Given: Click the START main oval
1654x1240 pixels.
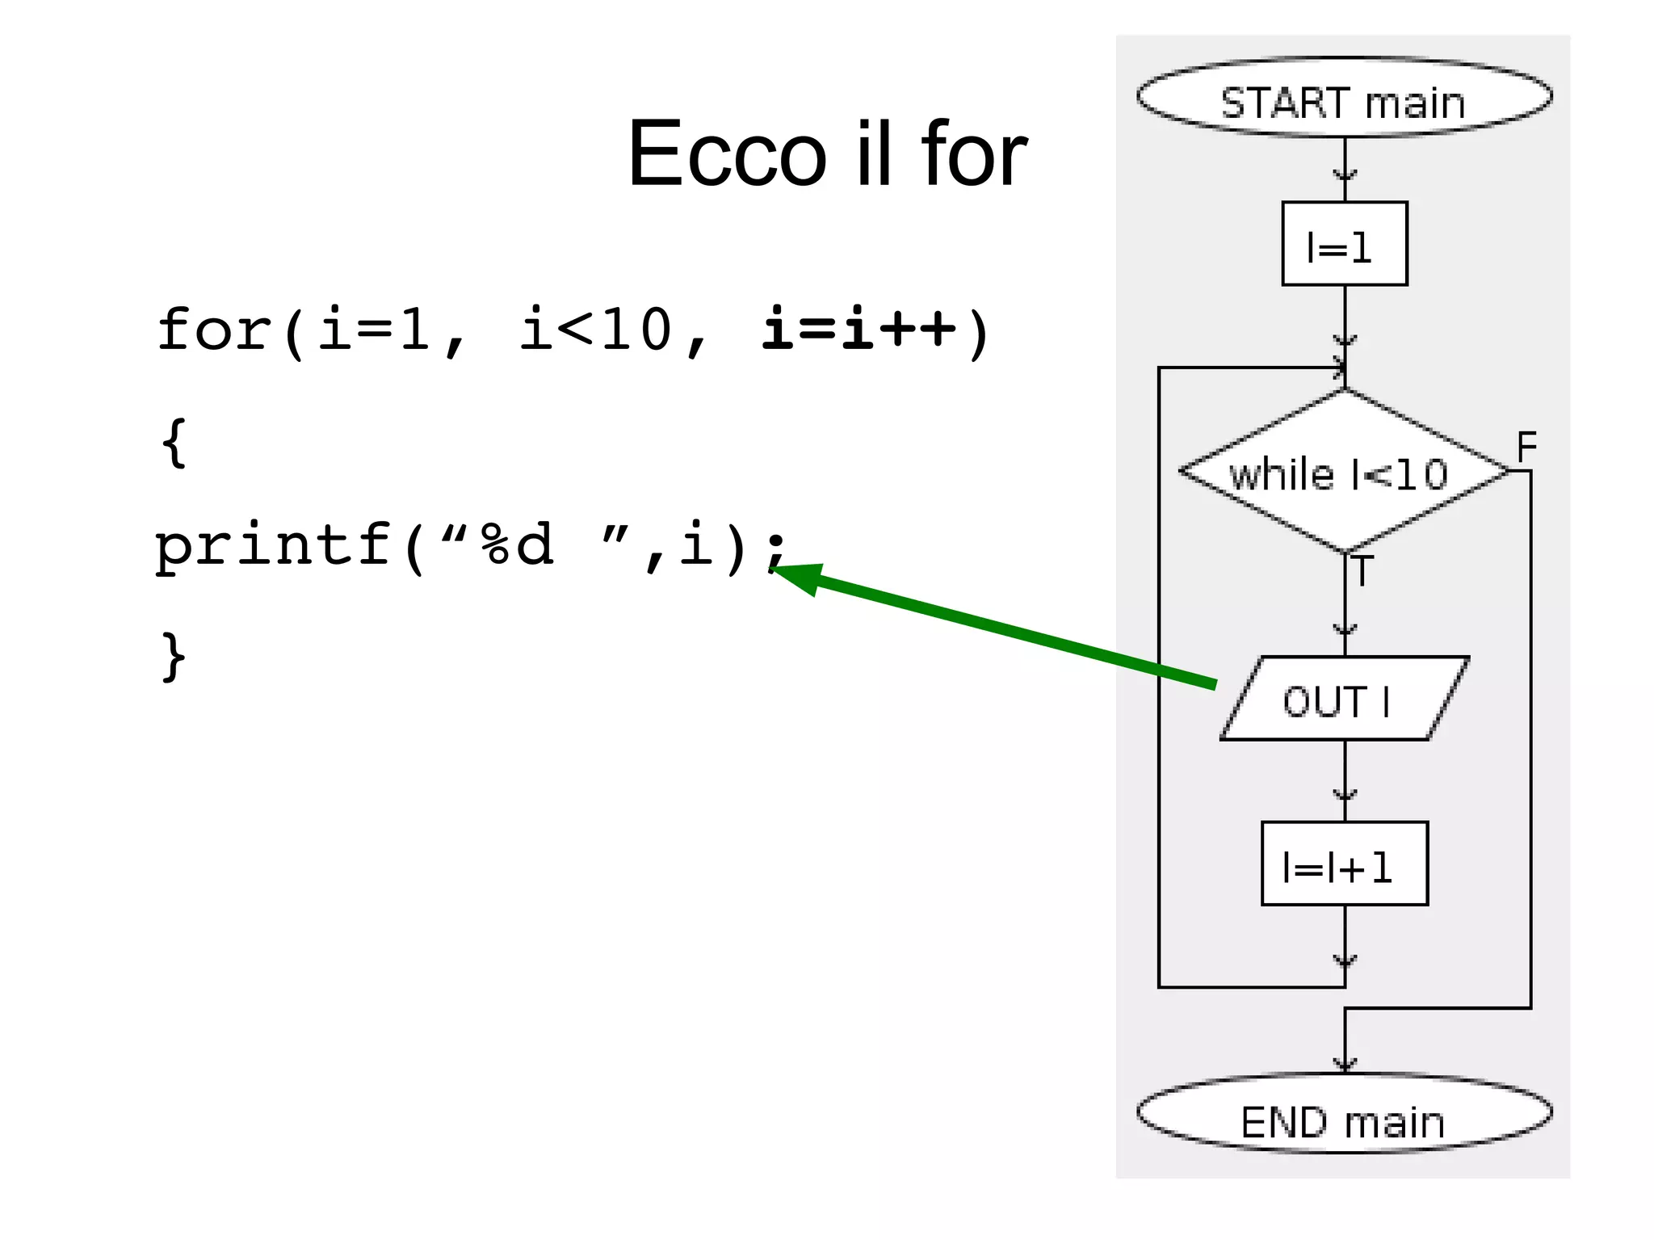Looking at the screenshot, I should coord(1344,98).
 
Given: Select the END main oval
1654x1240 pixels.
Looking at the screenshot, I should coord(1344,1114).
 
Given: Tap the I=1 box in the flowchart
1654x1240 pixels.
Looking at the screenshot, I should coord(1345,244).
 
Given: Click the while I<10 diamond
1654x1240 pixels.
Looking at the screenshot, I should coord(1344,472).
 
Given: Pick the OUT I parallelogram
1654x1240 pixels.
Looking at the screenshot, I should coord(1344,699).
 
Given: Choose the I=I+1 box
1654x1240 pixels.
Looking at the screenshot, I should coord(1344,864).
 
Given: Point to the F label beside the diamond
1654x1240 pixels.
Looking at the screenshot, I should coord(1526,447).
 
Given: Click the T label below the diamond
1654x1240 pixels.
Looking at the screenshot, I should coord(1362,570).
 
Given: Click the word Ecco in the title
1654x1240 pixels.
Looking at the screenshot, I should coord(727,153).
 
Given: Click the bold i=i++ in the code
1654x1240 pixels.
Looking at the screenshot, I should coord(859,330).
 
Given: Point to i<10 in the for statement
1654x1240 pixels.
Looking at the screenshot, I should coord(596,330).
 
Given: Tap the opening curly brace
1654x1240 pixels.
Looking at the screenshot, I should coord(174,442).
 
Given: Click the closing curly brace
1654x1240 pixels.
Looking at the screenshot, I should coord(174,656).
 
